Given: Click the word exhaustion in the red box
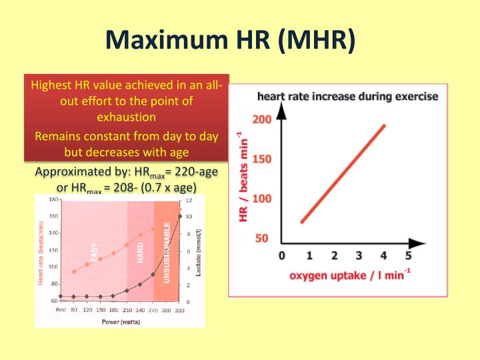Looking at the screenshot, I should pyautogui.click(x=126, y=117).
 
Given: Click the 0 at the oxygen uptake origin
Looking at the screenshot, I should pyautogui.click(x=281, y=255).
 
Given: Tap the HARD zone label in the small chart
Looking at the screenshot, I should pyautogui.click(x=141, y=252).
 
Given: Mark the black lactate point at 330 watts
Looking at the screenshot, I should pyautogui.click(x=179, y=215).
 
